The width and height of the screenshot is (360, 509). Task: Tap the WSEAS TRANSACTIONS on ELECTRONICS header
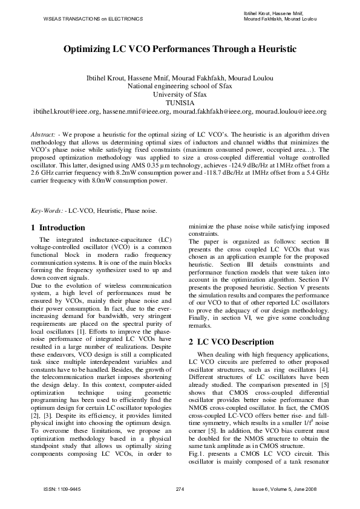click(93, 19)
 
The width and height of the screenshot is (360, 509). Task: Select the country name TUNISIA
click(180, 103)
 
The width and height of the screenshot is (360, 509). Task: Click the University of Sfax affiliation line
click(180, 95)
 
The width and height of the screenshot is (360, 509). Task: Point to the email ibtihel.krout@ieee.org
click(66, 112)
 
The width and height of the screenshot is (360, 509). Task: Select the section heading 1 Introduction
click(58, 228)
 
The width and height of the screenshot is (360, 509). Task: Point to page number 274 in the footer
click(179, 488)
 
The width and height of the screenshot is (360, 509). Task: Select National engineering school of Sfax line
click(180, 86)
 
